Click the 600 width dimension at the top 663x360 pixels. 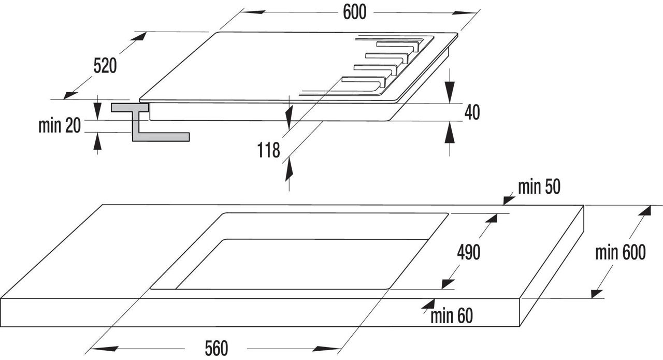click(355, 12)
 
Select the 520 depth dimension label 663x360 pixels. click(105, 66)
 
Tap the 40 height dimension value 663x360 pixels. click(472, 112)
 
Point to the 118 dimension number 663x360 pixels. click(268, 150)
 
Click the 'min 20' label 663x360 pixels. click(60, 125)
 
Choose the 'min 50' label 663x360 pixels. click(539, 187)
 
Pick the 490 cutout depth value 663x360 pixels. click(469, 253)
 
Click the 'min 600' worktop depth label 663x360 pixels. click(621, 253)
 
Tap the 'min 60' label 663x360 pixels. click(451, 316)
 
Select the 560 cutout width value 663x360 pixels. click(217, 349)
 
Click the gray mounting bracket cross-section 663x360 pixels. click(150, 122)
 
